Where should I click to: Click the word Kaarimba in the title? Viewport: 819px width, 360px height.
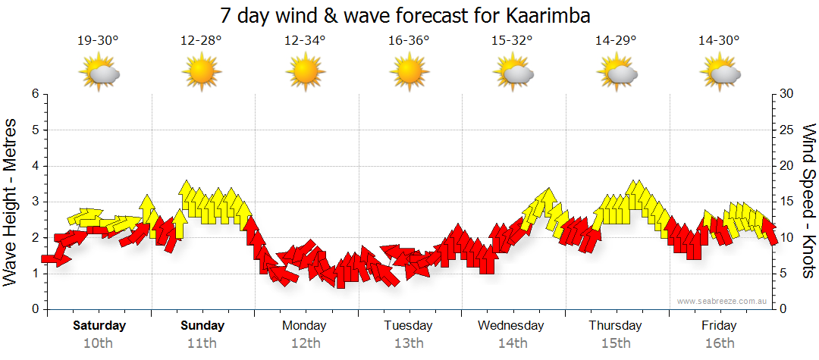coord(547,15)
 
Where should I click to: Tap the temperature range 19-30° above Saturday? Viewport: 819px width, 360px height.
coord(98,41)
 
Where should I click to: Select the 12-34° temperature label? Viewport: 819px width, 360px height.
coord(305,41)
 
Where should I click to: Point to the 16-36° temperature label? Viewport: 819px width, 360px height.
coord(409,41)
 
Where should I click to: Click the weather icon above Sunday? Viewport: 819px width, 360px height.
coord(202,73)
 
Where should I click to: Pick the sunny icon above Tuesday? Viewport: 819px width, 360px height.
coord(409,73)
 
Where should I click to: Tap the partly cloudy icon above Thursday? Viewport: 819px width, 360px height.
coord(617,73)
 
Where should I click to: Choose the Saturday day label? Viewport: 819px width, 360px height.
coord(99,326)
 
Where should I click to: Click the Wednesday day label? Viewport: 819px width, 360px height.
coord(511,326)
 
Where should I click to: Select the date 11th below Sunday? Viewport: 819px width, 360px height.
coord(202,343)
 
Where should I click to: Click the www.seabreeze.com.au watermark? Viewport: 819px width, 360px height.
coord(723,301)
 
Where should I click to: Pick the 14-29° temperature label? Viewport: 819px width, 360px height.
coord(616,41)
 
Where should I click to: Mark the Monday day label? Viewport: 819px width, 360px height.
coord(304,326)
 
